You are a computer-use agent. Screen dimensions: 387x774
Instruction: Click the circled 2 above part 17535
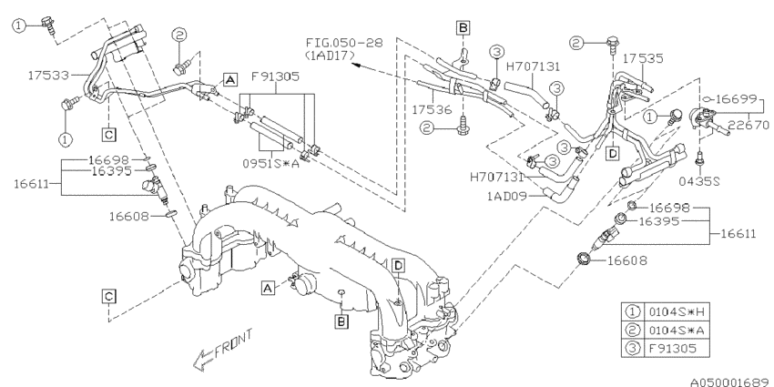(576, 41)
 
